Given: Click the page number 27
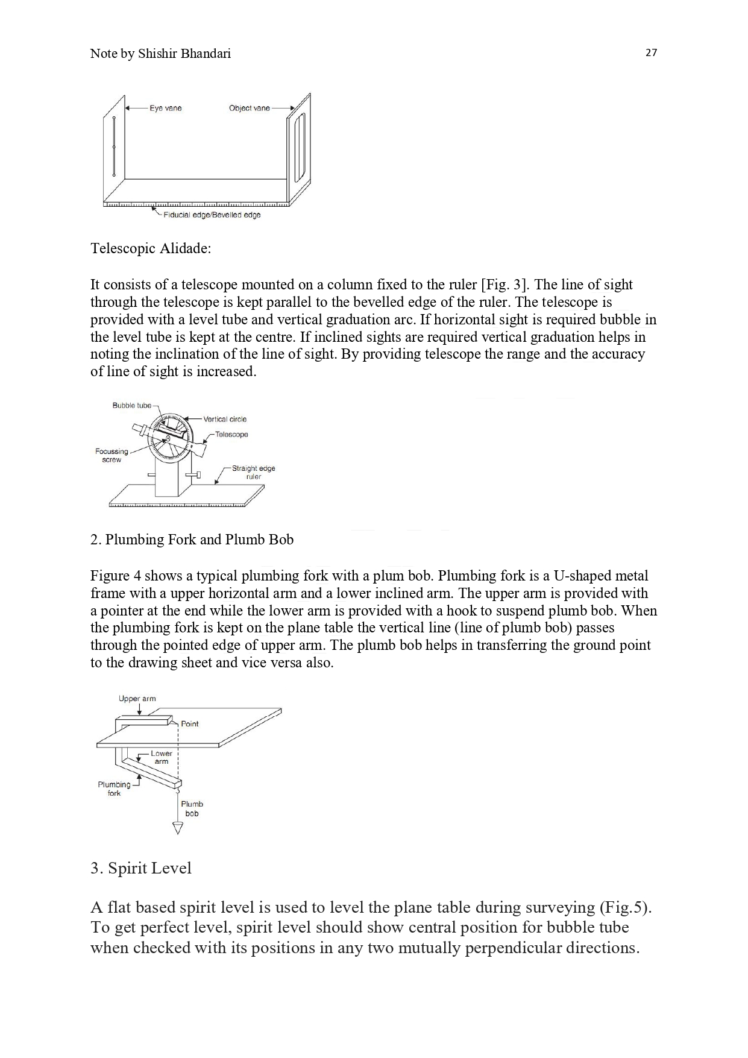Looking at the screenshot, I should click(x=651, y=53).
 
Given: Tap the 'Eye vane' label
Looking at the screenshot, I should click(x=166, y=109).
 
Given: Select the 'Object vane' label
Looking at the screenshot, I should click(x=249, y=109).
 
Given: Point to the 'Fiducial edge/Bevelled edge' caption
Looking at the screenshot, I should click(x=212, y=215).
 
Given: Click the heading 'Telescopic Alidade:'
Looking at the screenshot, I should click(x=151, y=248).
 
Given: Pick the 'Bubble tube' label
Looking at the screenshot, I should click(x=131, y=406).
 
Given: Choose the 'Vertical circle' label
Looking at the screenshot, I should click(x=225, y=420).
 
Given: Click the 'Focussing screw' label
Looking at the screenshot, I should click(x=112, y=456).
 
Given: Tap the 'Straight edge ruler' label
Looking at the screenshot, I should click(x=253, y=473).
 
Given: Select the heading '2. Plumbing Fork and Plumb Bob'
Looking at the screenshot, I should click(x=192, y=540).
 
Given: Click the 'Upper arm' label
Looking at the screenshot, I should click(x=137, y=699).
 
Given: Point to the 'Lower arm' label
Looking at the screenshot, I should click(x=162, y=758).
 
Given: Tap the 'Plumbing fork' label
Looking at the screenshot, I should click(x=114, y=789).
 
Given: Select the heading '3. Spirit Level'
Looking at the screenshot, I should click(x=140, y=869).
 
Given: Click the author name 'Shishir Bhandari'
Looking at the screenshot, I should click(x=184, y=54).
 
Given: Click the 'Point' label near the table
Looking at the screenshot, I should click(x=189, y=724).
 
